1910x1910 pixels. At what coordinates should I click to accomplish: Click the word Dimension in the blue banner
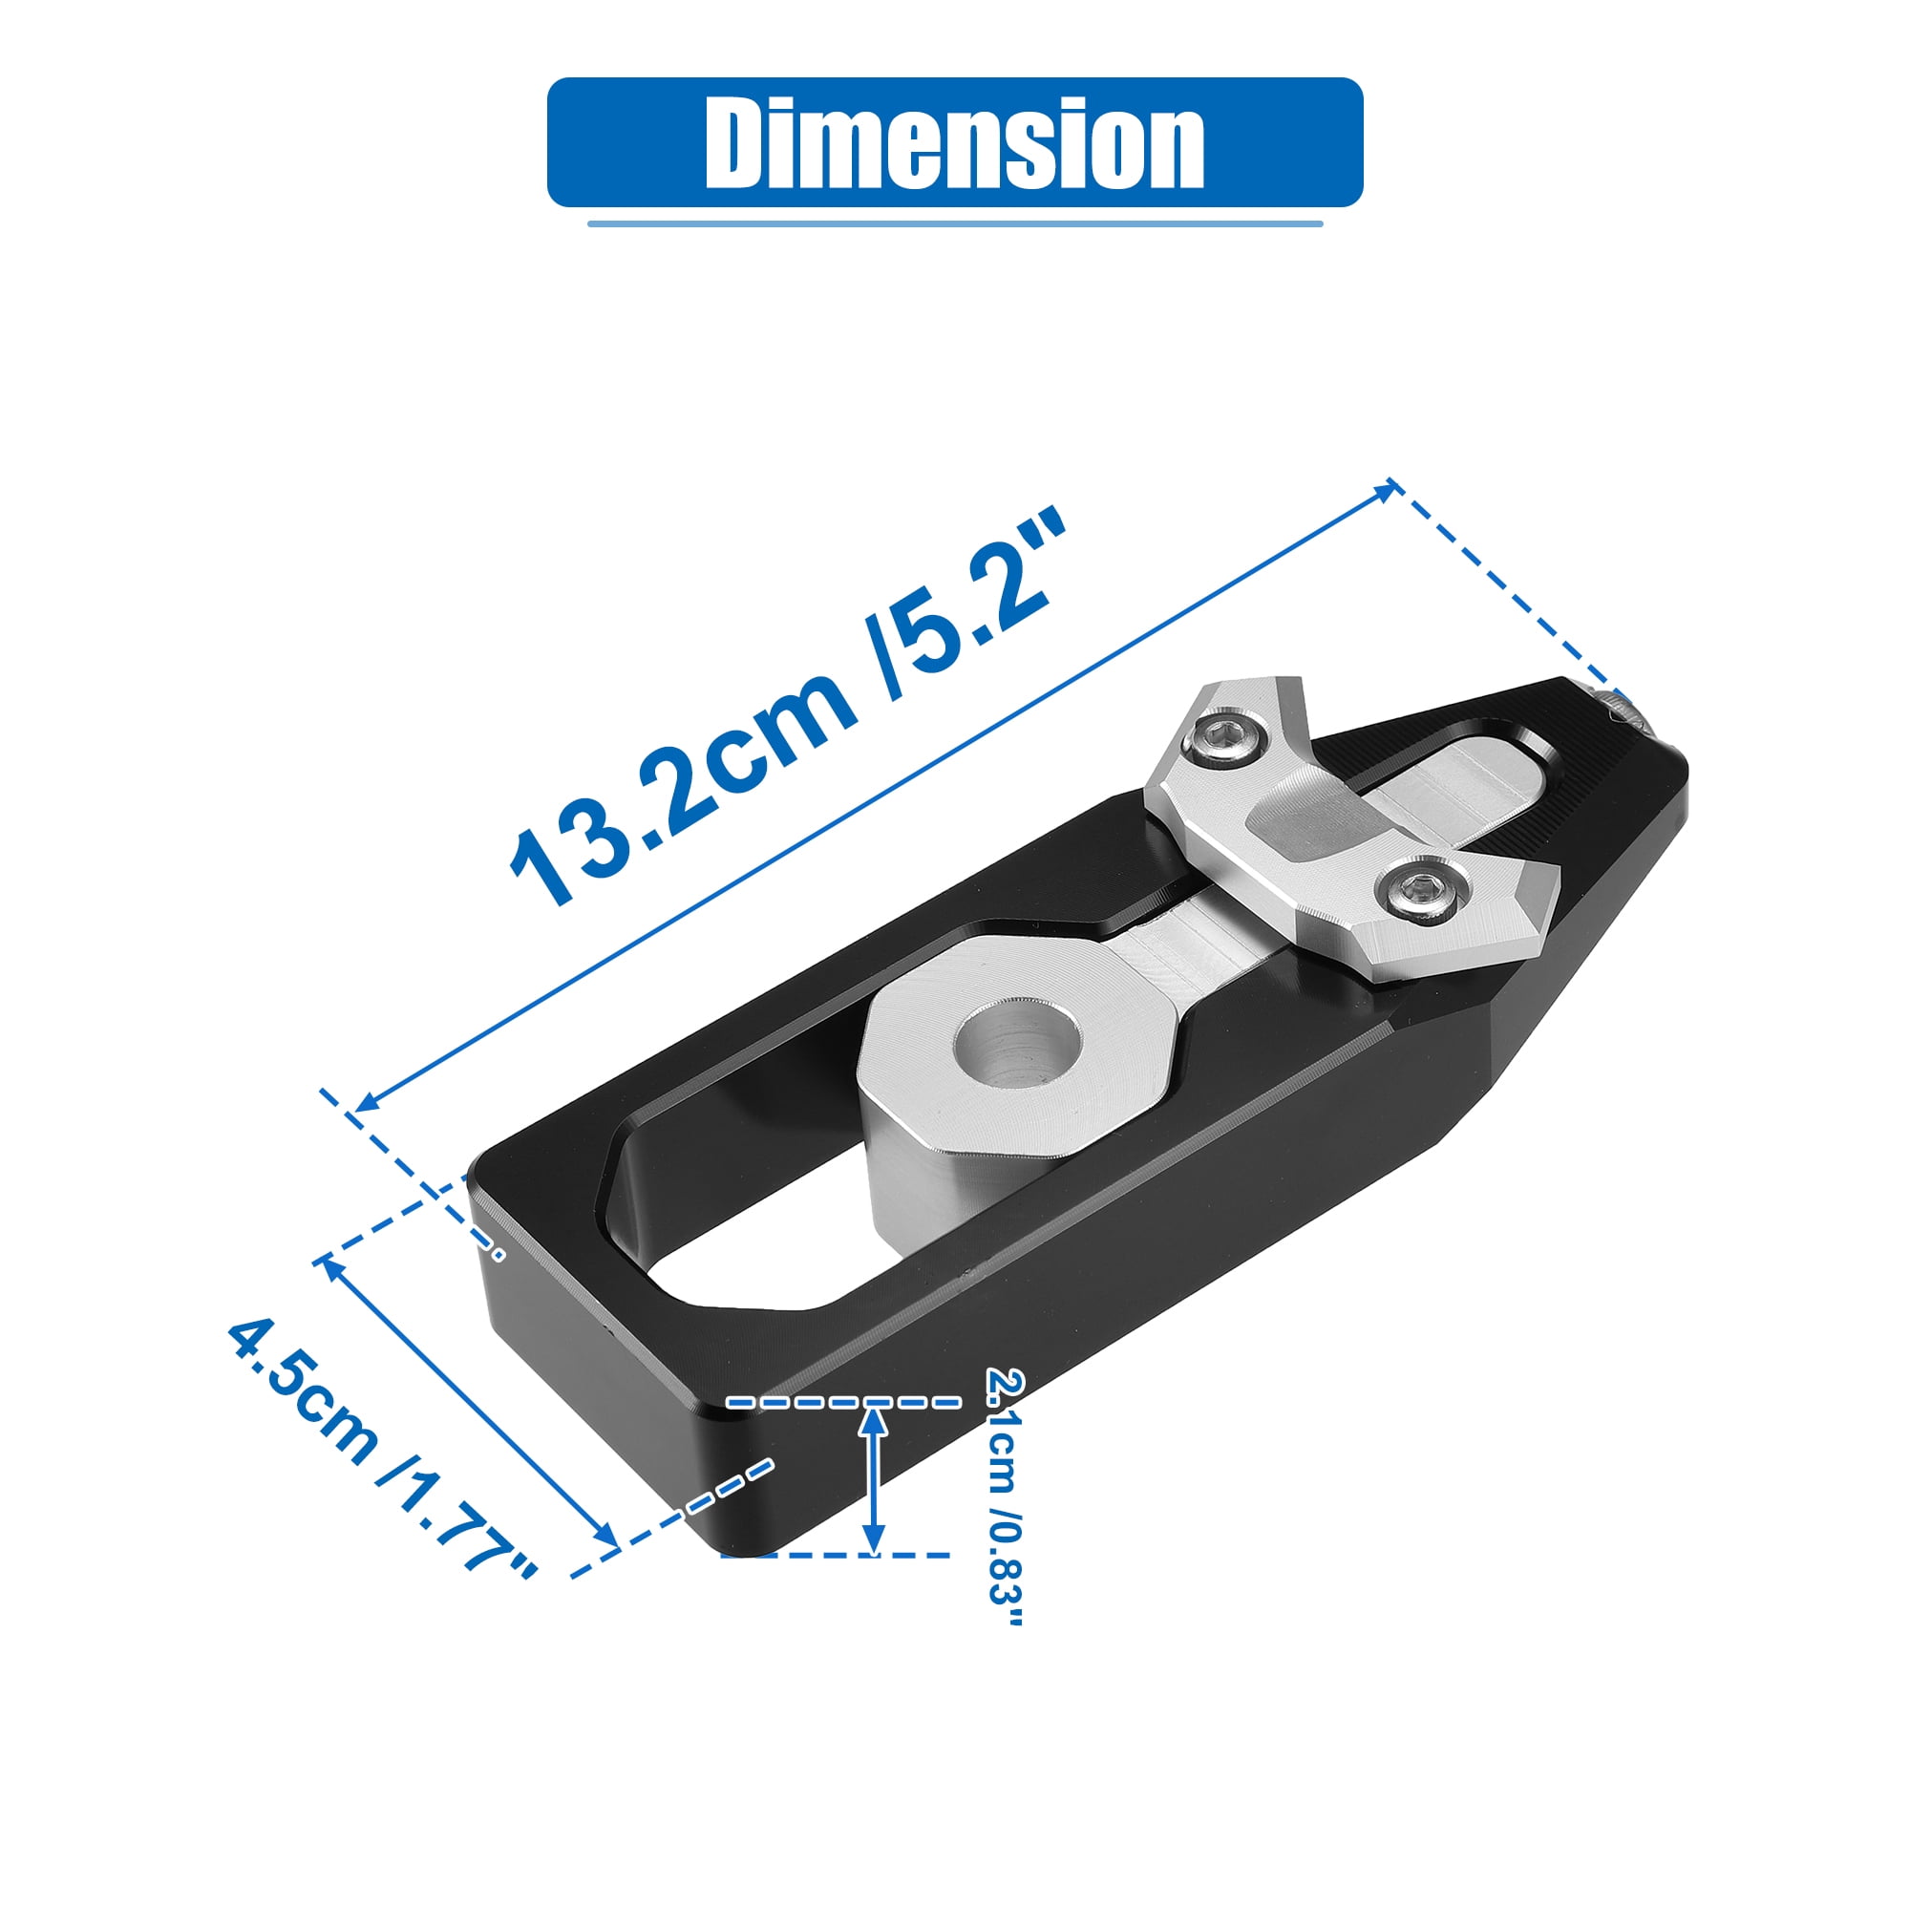[954, 143]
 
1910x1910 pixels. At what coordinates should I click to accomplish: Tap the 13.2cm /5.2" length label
[789, 707]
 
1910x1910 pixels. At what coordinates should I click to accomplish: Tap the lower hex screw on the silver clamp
[1423, 892]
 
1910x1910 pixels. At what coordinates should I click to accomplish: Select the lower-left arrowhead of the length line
[368, 1103]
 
